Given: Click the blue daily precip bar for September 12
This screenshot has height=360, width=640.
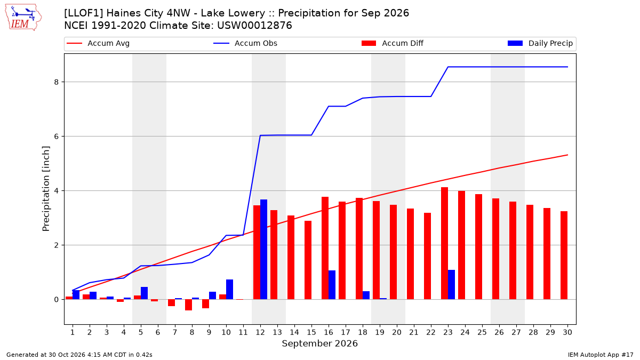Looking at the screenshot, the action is [x=263, y=250].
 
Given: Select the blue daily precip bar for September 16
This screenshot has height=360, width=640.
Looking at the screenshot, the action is [x=332, y=285].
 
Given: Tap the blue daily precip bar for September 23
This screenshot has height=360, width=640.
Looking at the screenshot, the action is [x=451, y=285].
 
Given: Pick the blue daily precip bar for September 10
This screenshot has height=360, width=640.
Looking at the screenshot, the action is [x=229, y=290].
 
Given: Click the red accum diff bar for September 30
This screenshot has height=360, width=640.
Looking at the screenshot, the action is [x=564, y=255].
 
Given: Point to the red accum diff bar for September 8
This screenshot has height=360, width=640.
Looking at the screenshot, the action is [x=188, y=305].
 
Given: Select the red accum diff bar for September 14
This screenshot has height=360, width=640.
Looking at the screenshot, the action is [x=291, y=258].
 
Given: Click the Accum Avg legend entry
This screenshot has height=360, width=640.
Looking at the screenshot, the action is [x=98, y=43].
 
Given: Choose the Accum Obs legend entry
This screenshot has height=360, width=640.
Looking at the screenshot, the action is [x=245, y=43].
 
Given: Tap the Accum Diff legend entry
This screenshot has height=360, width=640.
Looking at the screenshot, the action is [x=393, y=43].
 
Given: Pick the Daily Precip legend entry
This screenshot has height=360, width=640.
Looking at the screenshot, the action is [x=540, y=43].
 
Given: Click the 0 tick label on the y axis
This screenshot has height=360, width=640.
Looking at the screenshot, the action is [x=56, y=299].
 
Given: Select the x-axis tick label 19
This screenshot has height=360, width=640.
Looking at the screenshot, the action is [x=380, y=332].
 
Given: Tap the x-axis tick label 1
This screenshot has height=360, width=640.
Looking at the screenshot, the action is [x=73, y=332].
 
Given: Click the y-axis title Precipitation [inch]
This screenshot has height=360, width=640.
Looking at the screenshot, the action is [x=46, y=189].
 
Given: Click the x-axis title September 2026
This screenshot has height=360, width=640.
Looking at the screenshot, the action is [x=319, y=343].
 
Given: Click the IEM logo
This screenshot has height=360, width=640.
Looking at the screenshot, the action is [x=23, y=18].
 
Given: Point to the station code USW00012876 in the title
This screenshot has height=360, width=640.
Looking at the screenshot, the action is [x=254, y=26].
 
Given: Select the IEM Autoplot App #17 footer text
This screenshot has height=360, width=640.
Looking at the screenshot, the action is [x=601, y=355].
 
